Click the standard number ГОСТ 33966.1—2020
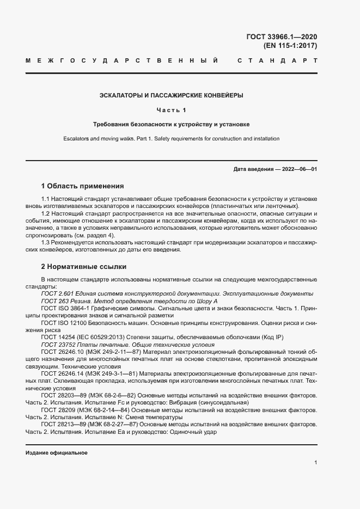pos(282,37)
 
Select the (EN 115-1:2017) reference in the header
pos(290,46)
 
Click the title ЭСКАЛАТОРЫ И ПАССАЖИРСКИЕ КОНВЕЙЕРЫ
pos(171,95)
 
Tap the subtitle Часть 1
pos(171,110)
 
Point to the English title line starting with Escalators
pos(171,139)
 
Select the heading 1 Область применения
pos(83,186)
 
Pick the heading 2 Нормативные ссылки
pos(84,267)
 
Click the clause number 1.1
pos(46,199)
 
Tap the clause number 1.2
pos(46,214)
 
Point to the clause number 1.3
pos(46,243)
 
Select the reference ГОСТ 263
pos(53,301)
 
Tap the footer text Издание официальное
pos(57,453)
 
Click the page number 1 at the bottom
pos(315,463)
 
